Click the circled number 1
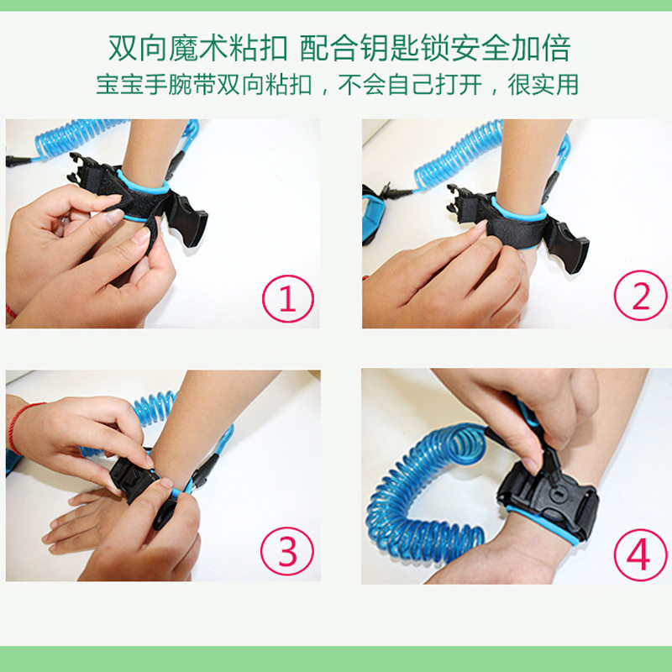click(288, 299)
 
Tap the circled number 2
click(640, 296)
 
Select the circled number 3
click(287, 551)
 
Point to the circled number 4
click(640, 555)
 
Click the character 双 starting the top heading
click(123, 48)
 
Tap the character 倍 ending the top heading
click(556, 48)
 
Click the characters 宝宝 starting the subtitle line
click(119, 85)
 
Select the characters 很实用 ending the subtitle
click(543, 85)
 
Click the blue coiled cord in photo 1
click(77, 136)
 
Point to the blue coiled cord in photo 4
click(424, 493)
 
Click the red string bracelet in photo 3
click(22, 427)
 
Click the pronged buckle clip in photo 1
click(86, 171)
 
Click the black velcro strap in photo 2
click(514, 232)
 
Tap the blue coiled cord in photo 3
click(155, 408)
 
